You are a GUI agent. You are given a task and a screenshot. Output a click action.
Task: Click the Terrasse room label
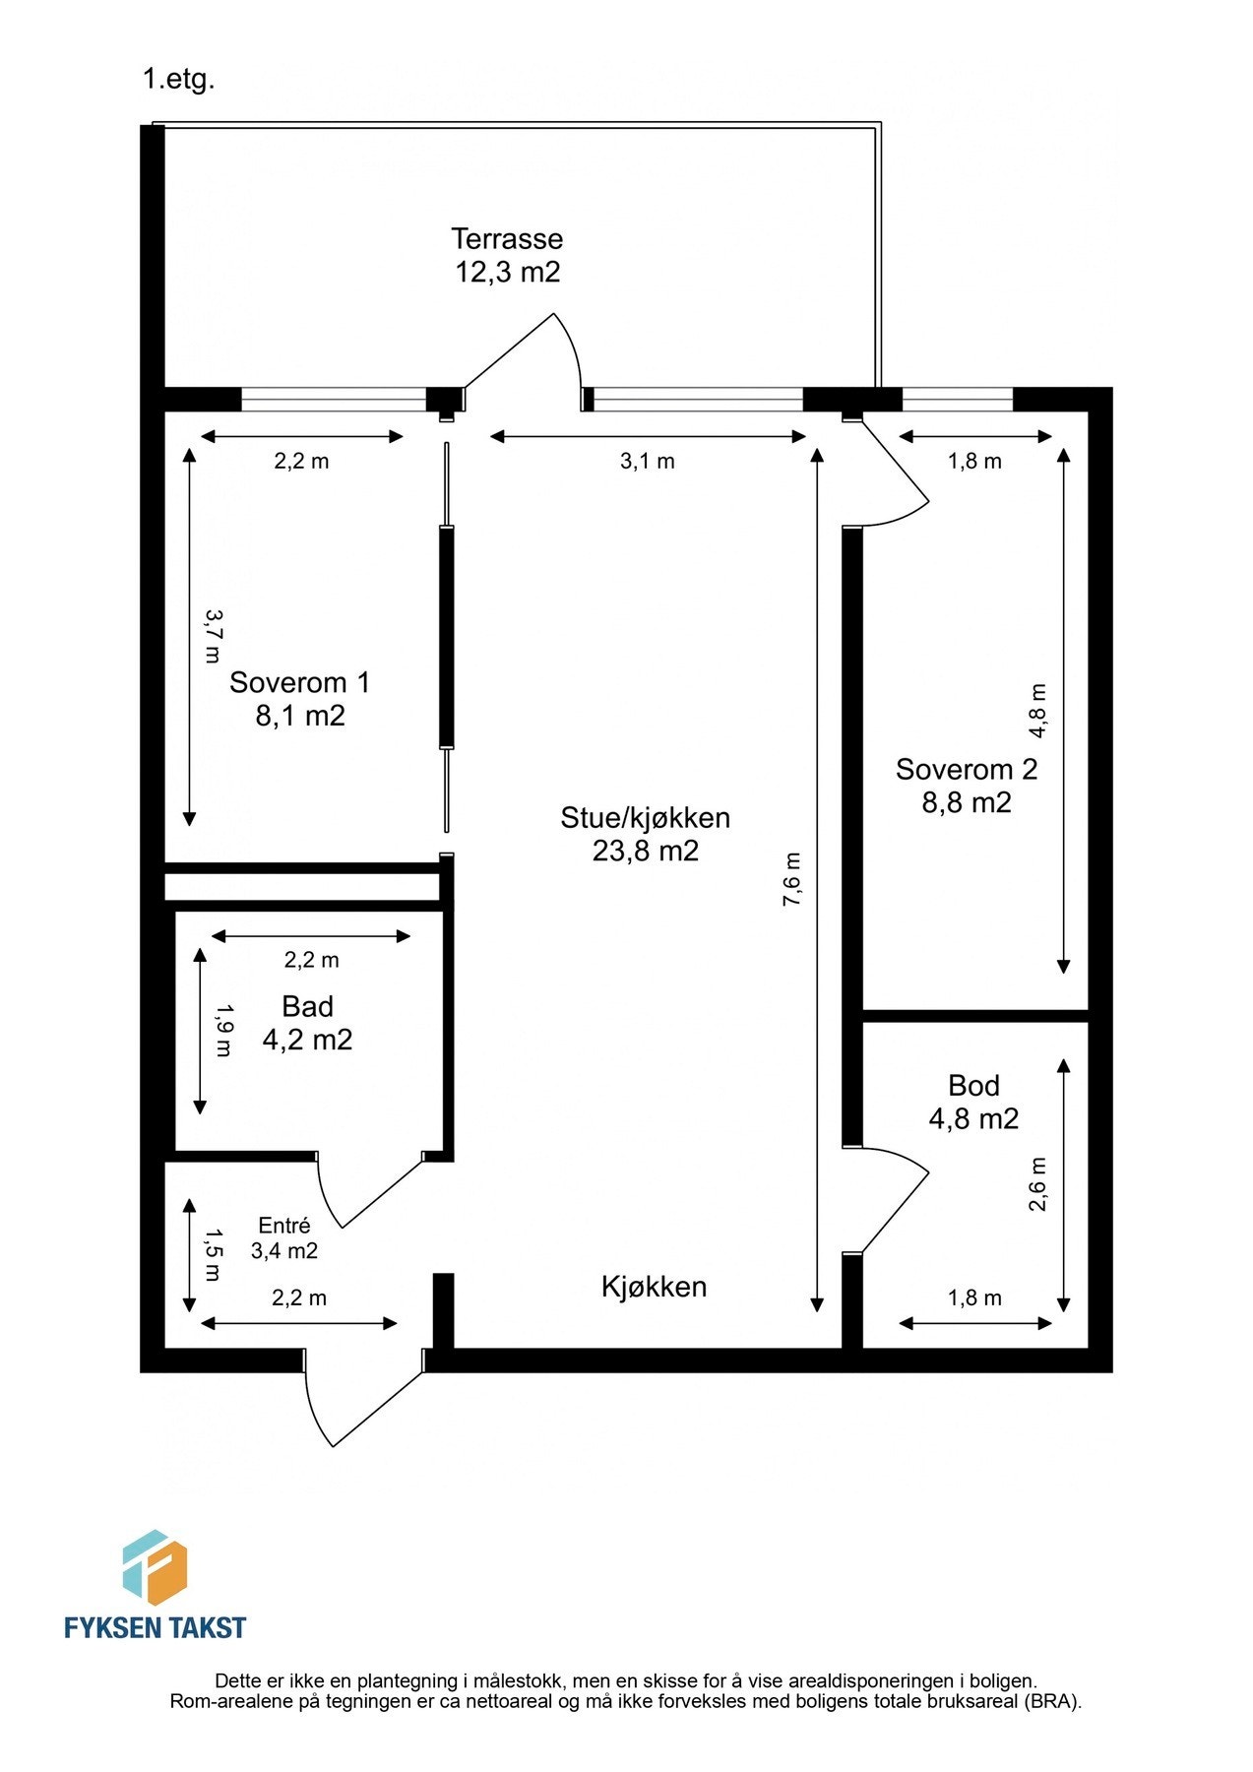(507, 239)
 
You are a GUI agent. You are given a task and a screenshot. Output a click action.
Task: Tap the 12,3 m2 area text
(507, 273)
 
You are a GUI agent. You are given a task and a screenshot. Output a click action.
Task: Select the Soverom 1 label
(300, 682)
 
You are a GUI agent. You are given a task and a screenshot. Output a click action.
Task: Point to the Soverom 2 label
(966, 769)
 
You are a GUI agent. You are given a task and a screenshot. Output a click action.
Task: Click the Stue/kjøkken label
(645, 817)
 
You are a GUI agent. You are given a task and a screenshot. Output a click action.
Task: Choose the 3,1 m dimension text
(647, 462)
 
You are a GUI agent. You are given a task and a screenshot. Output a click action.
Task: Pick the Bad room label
(307, 1006)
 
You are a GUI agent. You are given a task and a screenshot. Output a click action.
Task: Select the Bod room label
(973, 1085)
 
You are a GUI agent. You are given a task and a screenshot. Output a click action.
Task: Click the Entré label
(284, 1226)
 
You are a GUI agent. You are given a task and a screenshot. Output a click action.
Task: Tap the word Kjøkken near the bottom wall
(654, 1287)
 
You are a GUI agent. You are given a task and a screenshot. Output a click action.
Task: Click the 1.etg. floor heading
(178, 80)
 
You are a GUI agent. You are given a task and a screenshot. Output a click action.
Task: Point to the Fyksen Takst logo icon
(155, 1568)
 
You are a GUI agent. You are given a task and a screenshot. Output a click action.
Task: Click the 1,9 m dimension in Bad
(222, 1030)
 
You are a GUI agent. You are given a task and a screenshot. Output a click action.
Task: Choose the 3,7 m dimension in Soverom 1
(212, 635)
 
